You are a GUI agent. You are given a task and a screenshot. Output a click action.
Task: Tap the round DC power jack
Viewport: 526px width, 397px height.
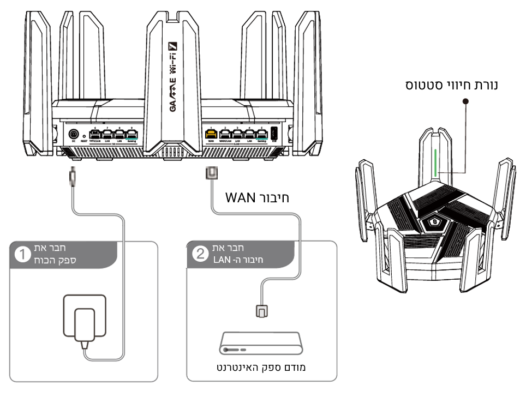click(x=73, y=134)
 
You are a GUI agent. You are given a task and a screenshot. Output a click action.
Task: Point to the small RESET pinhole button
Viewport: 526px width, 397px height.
click(x=84, y=135)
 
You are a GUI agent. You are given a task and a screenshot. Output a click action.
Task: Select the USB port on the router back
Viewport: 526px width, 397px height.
click(x=274, y=133)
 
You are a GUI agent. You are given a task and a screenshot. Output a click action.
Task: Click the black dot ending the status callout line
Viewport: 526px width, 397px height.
click(x=465, y=101)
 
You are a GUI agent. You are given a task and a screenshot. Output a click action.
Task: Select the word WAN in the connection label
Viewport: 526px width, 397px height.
click(x=241, y=197)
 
